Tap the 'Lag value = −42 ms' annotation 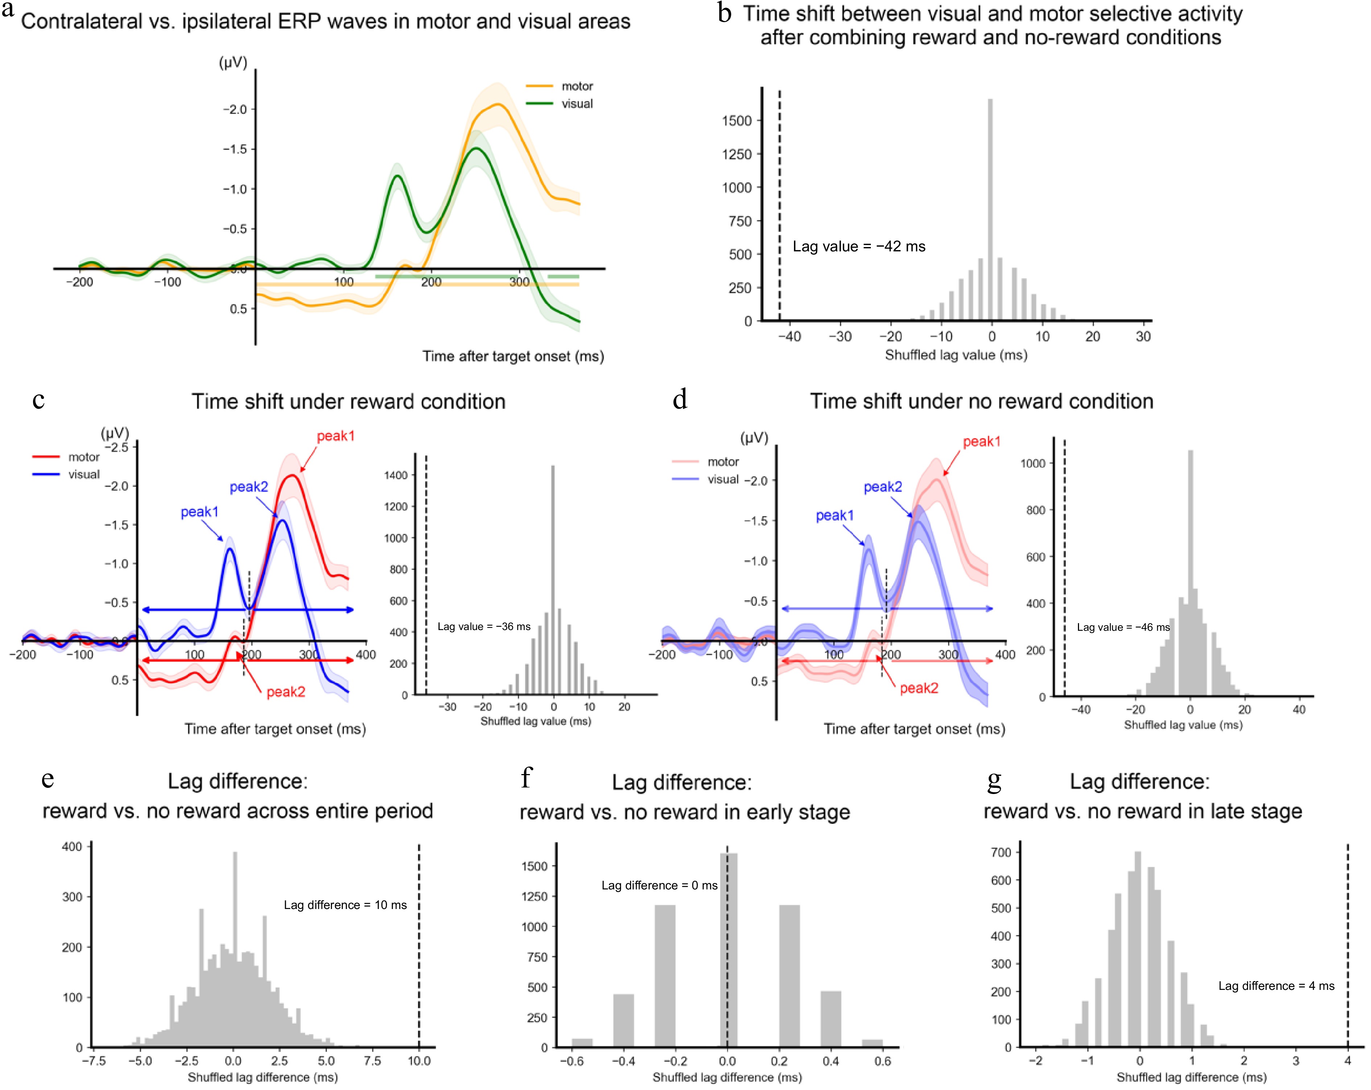(859, 246)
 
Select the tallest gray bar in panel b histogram (990, 210)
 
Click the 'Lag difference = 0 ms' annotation (659, 885)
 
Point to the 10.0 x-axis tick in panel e (419, 1061)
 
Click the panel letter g (994, 780)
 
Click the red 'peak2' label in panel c (285, 692)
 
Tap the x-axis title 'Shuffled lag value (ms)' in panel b (956, 355)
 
